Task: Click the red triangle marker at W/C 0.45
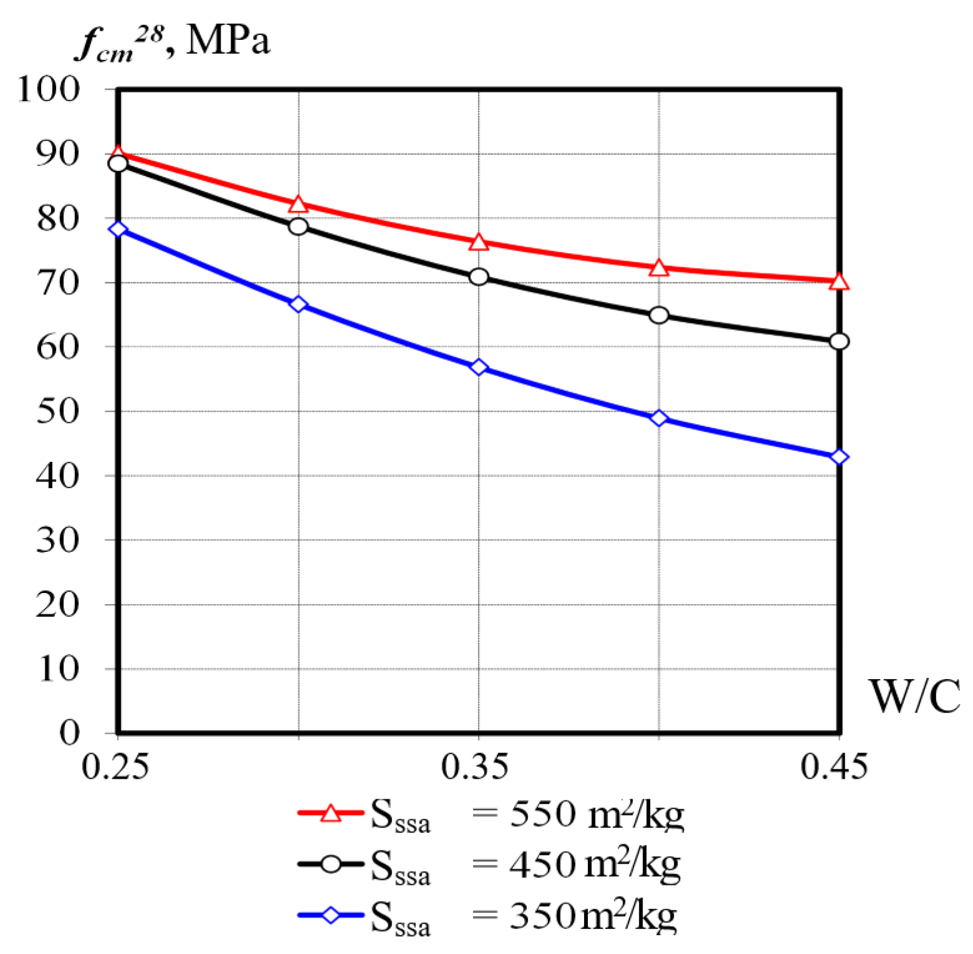point(839,282)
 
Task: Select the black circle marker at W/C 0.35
point(479,277)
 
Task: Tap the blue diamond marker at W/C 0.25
point(118,229)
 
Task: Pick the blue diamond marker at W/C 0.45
point(839,457)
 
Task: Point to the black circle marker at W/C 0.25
point(118,163)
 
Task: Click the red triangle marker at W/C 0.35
point(479,243)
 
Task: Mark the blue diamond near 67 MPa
point(299,304)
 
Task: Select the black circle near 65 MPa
point(659,316)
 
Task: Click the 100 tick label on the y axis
point(49,89)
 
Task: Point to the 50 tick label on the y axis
point(58,411)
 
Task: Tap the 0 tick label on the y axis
point(69,732)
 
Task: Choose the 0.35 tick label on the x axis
point(475,767)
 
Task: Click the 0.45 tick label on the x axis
point(834,767)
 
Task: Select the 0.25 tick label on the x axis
point(116,767)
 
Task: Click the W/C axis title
point(914,696)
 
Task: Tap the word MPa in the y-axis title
point(228,41)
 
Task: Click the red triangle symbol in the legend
point(330,813)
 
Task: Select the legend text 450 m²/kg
point(595,864)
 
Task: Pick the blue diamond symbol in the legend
point(330,915)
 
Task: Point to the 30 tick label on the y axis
point(58,540)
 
